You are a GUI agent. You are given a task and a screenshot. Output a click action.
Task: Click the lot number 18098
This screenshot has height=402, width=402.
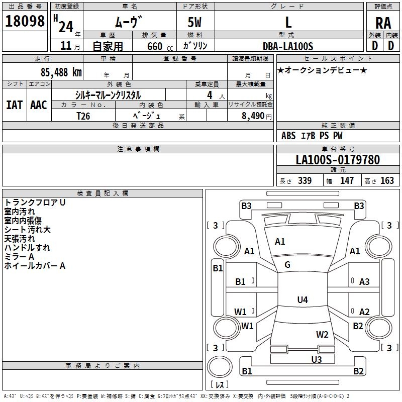pyautogui.click(x=25, y=21)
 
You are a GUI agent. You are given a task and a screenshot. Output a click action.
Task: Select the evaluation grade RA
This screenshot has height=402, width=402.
pyautogui.click(x=383, y=23)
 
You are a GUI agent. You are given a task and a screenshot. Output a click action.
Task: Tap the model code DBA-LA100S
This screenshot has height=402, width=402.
pyautogui.click(x=288, y=46)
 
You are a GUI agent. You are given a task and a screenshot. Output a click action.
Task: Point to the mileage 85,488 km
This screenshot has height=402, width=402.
pyautogui.click(x=61, y=72)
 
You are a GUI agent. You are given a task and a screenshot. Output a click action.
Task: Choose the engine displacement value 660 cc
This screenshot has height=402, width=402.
pyautogui.click(x=154, y=46)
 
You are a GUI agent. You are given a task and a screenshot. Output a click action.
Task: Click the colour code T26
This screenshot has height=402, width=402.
pyautogui.click(x=83, y=115)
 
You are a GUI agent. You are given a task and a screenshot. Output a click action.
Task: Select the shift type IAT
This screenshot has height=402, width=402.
pyautogui.click(x=14, y=105)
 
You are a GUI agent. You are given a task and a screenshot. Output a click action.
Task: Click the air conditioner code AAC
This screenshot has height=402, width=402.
pyautogui.click(x=38, y=105)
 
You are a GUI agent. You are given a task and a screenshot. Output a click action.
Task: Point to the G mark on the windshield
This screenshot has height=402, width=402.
pyautogui.click(x=287, y=265)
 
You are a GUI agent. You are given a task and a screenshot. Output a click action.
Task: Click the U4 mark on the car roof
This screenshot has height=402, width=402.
pyautogui.click(x=302, y=300)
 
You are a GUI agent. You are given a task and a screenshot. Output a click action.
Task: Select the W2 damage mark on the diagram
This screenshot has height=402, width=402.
pyautogui.click(x=322, y=335)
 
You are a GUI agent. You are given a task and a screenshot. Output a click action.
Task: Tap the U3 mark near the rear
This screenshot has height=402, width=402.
pyautogui.click(x=316, y=359)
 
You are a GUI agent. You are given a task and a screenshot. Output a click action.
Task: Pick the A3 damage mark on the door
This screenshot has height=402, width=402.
pyautogui.click(x=364, y=282)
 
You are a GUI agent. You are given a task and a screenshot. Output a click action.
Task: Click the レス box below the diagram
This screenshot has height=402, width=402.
pyautogui.click(x=220, y=385)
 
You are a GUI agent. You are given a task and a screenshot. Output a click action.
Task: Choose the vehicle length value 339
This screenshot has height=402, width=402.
pyautogui.click(x=304, y=180)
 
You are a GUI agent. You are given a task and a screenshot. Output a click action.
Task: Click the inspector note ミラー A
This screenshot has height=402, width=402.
pyautogui.click(x=19, y=257)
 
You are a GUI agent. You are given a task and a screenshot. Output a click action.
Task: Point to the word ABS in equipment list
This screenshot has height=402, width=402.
pyautogui.click(x=288, y=136)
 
